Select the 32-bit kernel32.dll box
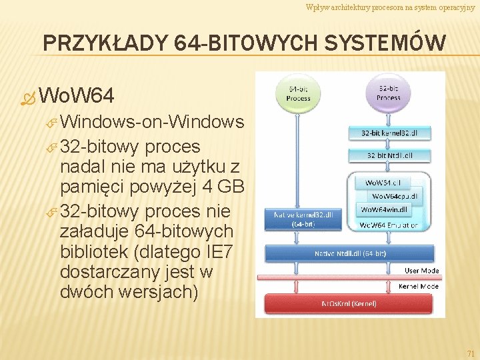[389, 133]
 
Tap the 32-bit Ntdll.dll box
[389, 155]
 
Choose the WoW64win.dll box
[386, 209]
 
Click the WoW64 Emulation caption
[389, 225]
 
